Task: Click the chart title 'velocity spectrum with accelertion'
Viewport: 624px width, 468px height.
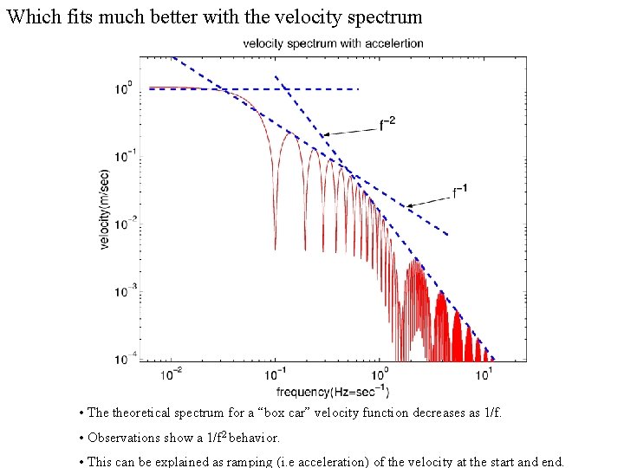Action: tap(333, 43)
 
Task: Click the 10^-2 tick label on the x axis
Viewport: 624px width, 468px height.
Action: tap(172, 373)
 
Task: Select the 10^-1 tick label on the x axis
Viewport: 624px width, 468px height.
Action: tap(276, 373)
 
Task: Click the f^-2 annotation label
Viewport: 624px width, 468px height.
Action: tap(387, 123)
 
